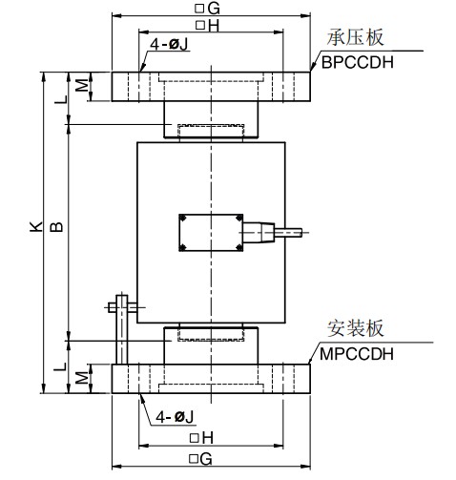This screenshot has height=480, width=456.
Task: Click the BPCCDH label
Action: [357, 62]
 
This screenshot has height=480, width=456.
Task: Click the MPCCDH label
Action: [357, 354]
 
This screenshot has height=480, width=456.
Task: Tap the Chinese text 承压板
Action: [355, 38]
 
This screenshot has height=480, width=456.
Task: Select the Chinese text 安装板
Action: [356, 328]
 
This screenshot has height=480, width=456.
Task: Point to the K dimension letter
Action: [36, 226]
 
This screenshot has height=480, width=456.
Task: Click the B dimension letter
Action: [56, 226]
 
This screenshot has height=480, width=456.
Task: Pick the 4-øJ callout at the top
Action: [169, 44]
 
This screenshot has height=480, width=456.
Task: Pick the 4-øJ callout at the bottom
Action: [175, 417]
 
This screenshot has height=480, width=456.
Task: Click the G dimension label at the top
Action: [207, 9]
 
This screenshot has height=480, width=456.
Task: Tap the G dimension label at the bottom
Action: [200, 459]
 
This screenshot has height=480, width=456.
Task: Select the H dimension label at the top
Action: [208, 26]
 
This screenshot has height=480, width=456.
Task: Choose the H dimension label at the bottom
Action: [201, 438]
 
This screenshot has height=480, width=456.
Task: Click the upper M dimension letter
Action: [82, 85]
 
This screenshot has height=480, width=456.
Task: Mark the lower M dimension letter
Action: [82, 377]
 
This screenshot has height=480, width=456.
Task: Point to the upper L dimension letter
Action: [61, 99]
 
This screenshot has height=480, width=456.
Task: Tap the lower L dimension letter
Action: [60, 366]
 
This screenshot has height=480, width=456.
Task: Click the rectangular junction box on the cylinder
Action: [211, 233]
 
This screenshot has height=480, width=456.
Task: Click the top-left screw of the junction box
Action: [183, 219]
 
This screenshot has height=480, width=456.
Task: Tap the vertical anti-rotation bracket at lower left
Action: [121, 329]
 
